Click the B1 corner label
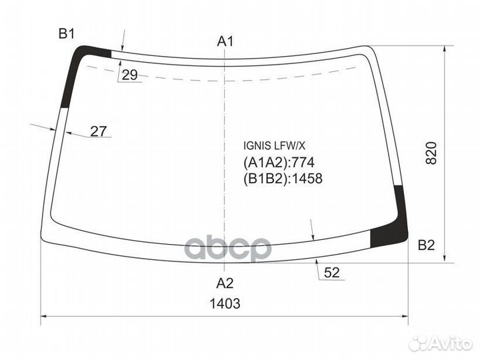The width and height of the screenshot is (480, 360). tap(67, 34)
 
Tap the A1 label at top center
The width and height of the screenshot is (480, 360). tap(225, 41)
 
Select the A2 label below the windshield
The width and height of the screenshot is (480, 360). tap(225, 283)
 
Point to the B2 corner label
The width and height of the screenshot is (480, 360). tap(427, 245)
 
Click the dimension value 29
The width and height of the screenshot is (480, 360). tap(129, 75)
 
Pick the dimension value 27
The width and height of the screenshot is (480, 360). tap(98, 131)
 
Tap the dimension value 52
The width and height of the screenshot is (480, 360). tap(332, 273)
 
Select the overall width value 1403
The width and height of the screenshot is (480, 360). tap(225, 304)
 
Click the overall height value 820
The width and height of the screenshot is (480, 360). tap(431, 153)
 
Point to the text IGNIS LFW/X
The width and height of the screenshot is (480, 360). tap(274, 146)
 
